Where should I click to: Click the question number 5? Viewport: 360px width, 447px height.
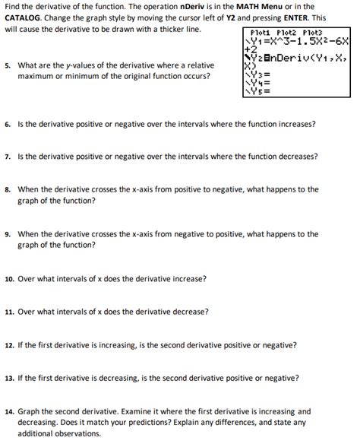[x=7, y=65]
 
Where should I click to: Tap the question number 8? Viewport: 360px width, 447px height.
[x=7, y=190]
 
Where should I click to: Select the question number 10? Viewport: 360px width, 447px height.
[x=8, y=279]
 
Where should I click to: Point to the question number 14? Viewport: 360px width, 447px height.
[x=8, y=411]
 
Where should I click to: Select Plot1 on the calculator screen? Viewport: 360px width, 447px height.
[x=262, y=33]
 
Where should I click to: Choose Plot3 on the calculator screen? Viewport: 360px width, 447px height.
[x=313, y=33]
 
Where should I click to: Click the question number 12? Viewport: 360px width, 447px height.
[x=8, y=345]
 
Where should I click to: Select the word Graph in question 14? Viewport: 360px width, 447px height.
[x=29, y=411]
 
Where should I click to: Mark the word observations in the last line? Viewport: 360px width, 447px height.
[x=77, y=434]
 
